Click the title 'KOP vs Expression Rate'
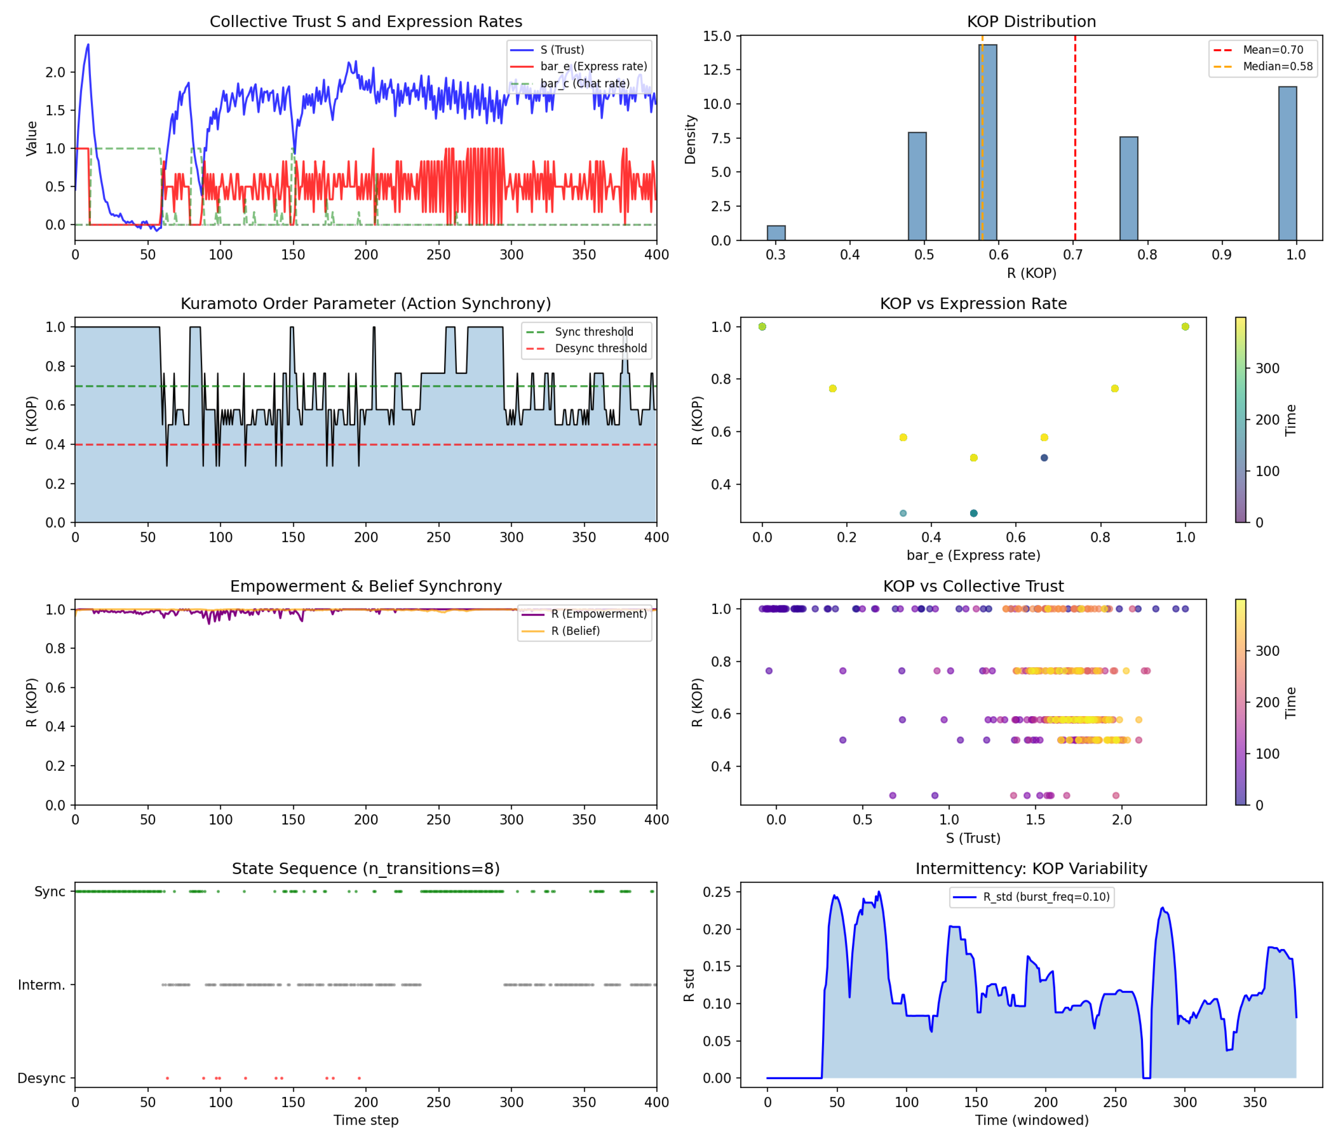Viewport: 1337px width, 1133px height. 973,303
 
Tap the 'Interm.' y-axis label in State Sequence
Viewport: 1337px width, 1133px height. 41,985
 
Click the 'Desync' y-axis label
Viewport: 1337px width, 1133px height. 41,1078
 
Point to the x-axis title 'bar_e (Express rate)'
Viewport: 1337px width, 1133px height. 973,555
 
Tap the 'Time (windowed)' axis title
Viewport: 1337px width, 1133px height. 1031,1120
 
